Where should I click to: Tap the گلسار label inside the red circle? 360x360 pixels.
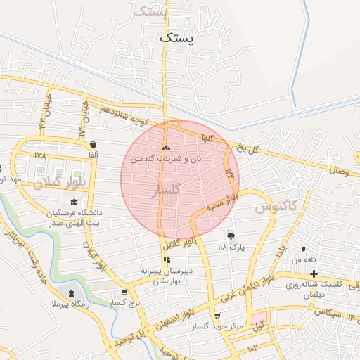point(167,191)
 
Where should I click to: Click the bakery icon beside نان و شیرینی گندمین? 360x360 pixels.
point(167,148)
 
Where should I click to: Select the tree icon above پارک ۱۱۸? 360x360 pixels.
point(230,236)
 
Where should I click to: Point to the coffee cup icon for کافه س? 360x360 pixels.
point(304,250)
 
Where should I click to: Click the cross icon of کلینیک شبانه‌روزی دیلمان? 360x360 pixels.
point(314,272)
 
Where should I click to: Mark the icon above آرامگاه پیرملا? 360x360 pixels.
point(70,292)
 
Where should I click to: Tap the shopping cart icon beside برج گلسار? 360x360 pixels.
point(124,292)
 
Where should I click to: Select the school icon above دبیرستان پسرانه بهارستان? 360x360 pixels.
point(166,259)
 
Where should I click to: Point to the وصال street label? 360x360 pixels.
point(338,170)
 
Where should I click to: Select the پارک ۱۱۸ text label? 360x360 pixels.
point(230,247)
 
